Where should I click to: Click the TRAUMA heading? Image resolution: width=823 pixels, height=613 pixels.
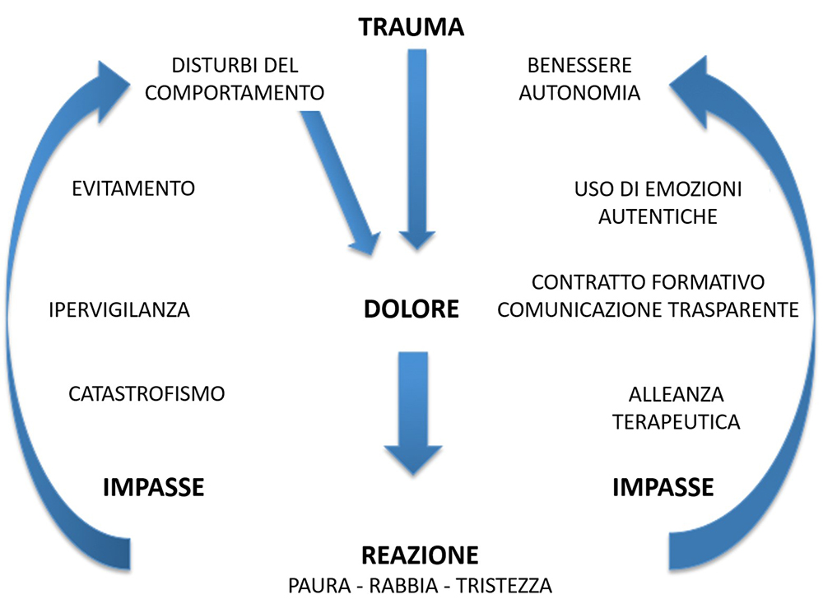[411, 27]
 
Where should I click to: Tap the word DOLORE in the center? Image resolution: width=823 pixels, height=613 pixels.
[411, 309]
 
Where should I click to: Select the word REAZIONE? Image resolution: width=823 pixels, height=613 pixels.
[420, 555]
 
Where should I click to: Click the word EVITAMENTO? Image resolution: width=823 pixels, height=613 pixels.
[133, 188]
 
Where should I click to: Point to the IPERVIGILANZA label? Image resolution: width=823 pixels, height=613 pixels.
[119, 309]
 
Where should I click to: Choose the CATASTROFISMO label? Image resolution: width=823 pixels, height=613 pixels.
[146, 393]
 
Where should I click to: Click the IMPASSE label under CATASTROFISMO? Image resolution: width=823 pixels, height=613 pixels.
[153, 487]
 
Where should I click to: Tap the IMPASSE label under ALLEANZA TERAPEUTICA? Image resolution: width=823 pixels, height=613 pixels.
[663, 487]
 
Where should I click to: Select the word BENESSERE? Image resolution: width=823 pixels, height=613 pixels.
[579, 66]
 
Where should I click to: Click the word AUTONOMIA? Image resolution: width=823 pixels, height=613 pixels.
[579, 93]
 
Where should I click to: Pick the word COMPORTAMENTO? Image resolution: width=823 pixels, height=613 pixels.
[235, 93]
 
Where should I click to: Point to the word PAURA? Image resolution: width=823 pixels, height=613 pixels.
[319, 586]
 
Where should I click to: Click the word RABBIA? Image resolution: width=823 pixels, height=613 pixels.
[403, 586]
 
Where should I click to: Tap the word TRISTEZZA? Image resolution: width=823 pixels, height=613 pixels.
[504, 586]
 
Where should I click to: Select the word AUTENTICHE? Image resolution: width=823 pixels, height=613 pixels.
[658, 216]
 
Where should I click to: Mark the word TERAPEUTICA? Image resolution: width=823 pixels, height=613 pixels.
[676, 422]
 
